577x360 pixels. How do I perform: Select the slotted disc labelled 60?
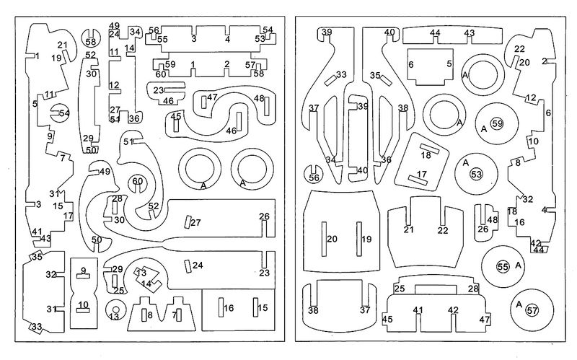(137, 183)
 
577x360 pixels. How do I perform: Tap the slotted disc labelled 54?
(60, 113)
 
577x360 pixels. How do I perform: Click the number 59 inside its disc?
(497, 124)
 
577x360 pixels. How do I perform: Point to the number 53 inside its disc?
(477, 175)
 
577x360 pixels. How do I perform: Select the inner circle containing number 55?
(503, 267)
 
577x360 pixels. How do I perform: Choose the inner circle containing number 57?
(532, 311)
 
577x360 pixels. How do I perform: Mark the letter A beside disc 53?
(467, 162)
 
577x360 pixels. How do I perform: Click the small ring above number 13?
(113, 305)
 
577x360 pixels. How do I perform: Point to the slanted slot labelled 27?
(186, 222)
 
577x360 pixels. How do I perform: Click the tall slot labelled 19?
(358, 238)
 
